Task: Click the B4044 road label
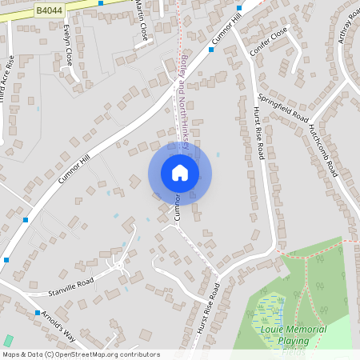[x=48, y=10]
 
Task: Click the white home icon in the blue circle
[x=180, y=173]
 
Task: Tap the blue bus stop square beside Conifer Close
[x=211, y=50]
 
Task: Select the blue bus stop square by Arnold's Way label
[x=37, y=312]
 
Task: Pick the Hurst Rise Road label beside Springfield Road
[x=258, y=133]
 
